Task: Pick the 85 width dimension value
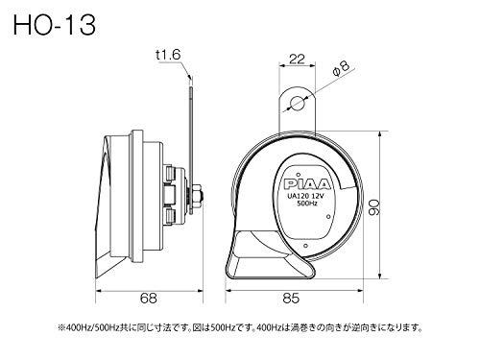301,300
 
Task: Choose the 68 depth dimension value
147,300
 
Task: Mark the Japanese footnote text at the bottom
240,328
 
